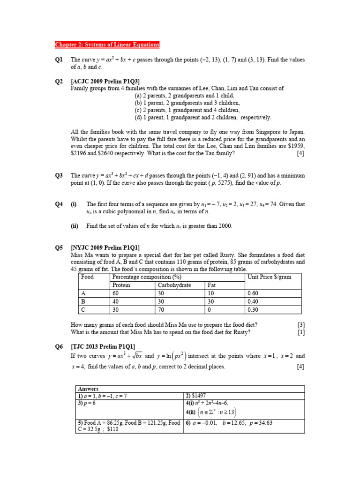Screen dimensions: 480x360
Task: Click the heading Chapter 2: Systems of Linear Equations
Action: tap(107, 45)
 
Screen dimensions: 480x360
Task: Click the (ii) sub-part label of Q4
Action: tap(74, 226)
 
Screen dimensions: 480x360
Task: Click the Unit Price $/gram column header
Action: tap(269, 277)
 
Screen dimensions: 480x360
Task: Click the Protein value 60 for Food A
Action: tap(116, 293)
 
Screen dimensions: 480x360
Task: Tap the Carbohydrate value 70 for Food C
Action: tap(161, 310)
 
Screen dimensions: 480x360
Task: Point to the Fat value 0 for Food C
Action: tap(208, 310)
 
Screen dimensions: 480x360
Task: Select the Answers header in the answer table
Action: tap(88, 389)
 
